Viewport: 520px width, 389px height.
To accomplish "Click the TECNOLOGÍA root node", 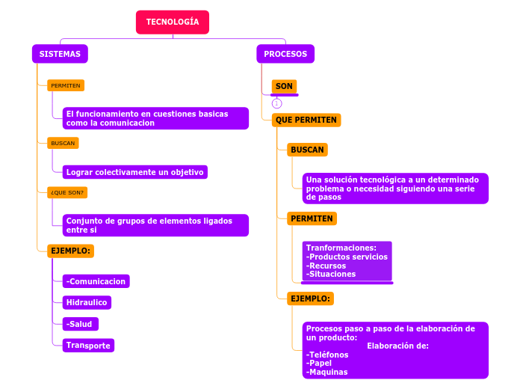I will [x=173, y=22].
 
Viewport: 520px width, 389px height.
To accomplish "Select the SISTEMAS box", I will [x=60, y=54].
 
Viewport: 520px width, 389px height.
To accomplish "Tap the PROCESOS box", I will [x=285, y=54].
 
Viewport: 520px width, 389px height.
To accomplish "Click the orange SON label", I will [x=284, y=86].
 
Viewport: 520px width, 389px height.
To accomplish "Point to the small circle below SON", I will [x=276, y=103].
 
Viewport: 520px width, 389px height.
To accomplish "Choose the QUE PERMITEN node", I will [x=306, y=120].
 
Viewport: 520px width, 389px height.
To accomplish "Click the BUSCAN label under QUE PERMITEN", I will [x=307, y=150].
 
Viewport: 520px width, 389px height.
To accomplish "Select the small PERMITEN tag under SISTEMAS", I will [x=66, y=85].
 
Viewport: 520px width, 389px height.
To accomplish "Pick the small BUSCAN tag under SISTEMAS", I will [x=63, y=143].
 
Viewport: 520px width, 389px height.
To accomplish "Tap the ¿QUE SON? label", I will [x=67, y=192].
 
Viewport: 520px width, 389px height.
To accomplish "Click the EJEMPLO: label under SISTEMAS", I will [x=70, y=251].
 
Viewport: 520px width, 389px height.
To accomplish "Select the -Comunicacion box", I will [x=96, y=281].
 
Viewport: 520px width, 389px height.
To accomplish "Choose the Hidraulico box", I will [x=87, y=302].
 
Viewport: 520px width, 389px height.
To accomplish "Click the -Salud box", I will [x=80, y=324].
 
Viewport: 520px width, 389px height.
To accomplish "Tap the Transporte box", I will [x=88, y=345].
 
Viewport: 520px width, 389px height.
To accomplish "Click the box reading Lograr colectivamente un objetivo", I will [x=134, y=172].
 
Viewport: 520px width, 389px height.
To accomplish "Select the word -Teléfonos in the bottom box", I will [x=327, y=355].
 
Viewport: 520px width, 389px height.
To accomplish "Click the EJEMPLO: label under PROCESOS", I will [x=310, y=298].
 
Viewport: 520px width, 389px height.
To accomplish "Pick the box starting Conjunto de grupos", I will [x=155, y=225].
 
